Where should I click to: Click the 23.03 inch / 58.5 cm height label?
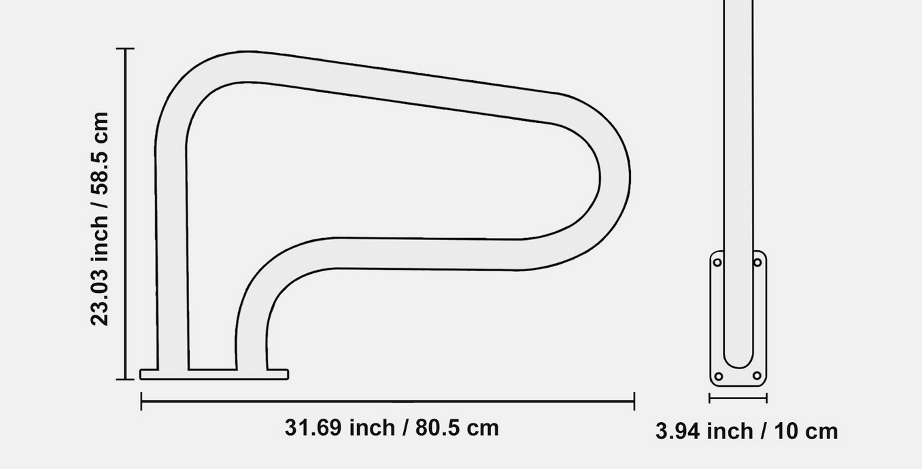pyautogui.click(x=99, y=219)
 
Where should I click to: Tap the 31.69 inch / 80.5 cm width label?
pyautogui.click(x=392, y=428)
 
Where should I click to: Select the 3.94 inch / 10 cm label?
pyautogui.click(x=747, y=431)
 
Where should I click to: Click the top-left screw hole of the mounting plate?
pyautogui.click(x=717, y=262)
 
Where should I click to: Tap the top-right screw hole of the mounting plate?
pyautogui.click(x=757, y=262)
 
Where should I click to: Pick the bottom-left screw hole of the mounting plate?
pyautogui.click(x=719, y=376)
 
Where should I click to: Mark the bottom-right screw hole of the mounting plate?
pyautogui.click(x=757, y=375)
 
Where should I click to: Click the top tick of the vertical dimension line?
pyautogui.click(x=125, y=48)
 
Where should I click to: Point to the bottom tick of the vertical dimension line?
pyautogui.click(x=125, y=379)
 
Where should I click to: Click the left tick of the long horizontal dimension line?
pyautogui.click(x=141, y=401)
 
